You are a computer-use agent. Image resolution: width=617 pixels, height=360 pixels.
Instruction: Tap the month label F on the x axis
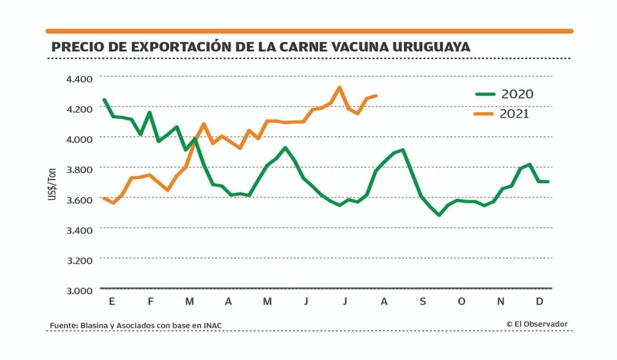coord(150,302)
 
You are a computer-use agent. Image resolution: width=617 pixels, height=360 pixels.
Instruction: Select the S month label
coord(422,302)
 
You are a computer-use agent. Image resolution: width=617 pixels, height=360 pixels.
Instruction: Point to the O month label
coord(462,302)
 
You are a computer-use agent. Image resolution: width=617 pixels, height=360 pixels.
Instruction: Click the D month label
coord(539,302)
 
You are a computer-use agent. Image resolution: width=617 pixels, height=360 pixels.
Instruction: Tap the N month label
coord(500,302)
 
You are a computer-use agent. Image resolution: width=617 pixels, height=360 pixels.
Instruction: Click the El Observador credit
coord(537,324)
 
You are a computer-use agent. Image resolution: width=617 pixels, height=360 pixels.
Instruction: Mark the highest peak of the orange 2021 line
coord(339,87)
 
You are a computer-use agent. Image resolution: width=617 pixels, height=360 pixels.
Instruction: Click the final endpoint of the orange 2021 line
coord(377,95)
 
